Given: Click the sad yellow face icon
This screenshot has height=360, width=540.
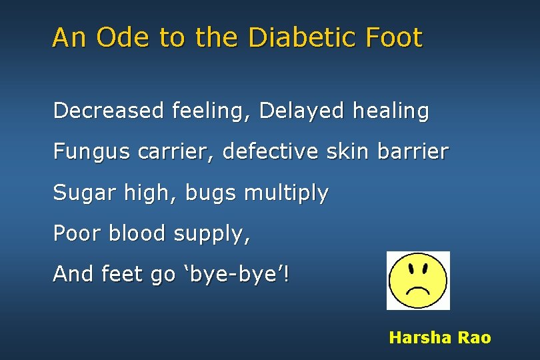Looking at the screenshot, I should point(418,280).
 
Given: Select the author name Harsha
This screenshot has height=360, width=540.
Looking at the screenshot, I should point(420,338).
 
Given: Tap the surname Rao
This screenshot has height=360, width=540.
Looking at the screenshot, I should point(474,338).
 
